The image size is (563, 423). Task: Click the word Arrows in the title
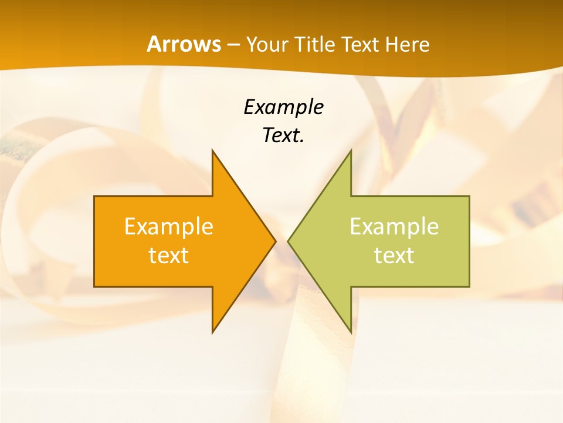184,44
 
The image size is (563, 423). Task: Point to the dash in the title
233,45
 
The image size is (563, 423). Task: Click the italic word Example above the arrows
283,107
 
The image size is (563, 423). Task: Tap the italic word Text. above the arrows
283,136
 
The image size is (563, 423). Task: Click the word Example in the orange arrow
169,226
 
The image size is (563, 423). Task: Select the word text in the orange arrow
169,256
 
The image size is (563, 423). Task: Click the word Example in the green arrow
394,226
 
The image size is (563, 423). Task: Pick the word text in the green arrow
394,256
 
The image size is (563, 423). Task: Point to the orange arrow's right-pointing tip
276,241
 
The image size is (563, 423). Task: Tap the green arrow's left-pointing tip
288,241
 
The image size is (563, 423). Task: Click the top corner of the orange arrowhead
212,150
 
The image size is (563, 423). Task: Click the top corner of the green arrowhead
351,150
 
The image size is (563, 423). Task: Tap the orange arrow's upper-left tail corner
94,196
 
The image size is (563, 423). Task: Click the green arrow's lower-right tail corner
469,287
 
